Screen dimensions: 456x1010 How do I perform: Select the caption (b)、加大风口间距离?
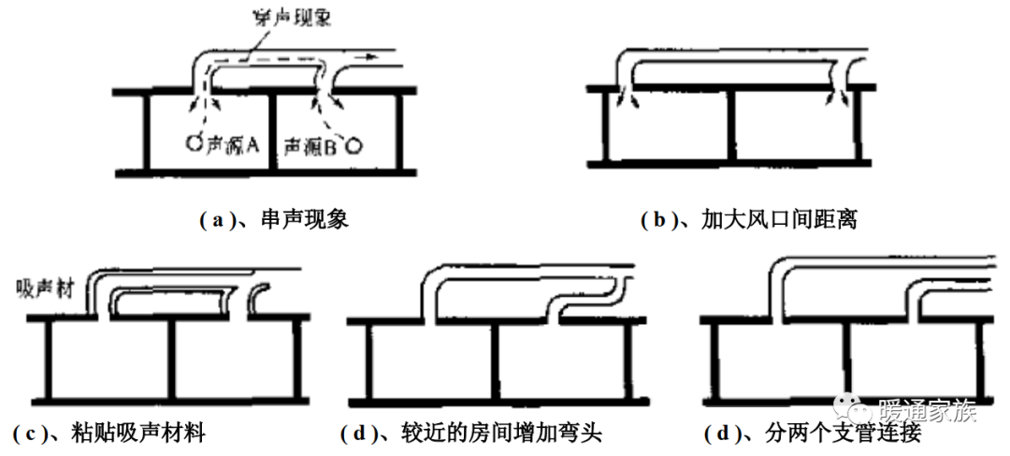coord(749,221)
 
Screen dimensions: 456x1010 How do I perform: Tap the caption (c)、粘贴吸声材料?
coord(110,434)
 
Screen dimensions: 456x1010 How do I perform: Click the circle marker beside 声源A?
coord(192,143)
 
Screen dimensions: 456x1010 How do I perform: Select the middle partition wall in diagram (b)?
coord(730,126)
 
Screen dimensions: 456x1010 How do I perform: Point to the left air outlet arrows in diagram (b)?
coord(627,97)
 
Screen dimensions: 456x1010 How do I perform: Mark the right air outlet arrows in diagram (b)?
coord(837,97)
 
